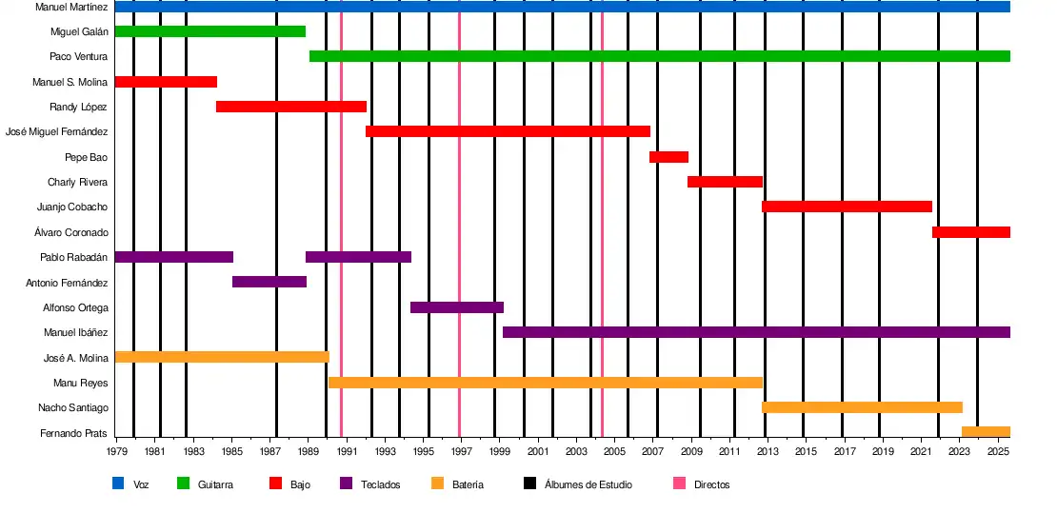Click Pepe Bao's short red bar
(x=668, y=157)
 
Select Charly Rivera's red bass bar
(x=725, y=182)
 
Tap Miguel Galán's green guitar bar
(x=209, y=31)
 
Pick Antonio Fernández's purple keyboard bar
(x=269, y=282)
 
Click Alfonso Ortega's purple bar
(x=456, y=307)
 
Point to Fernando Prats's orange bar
(x=986, y=432)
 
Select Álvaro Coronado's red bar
(x=970, y=232)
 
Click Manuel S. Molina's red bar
(x=166, y=82)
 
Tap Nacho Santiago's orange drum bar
(x=862, y=407)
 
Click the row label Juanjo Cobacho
(x=71, y=207)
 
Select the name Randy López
(x=78, y=108)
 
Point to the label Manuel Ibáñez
(x=75, y=333)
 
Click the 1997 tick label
(x=461, y=450)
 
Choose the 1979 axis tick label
(x=117, y=450)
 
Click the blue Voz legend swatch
(x=118, y=483)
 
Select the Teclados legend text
(x=380, y=484)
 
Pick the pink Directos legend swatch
(x=679, y=483)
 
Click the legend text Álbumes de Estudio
(x=588, y=484)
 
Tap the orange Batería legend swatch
(x=438, y=483)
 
